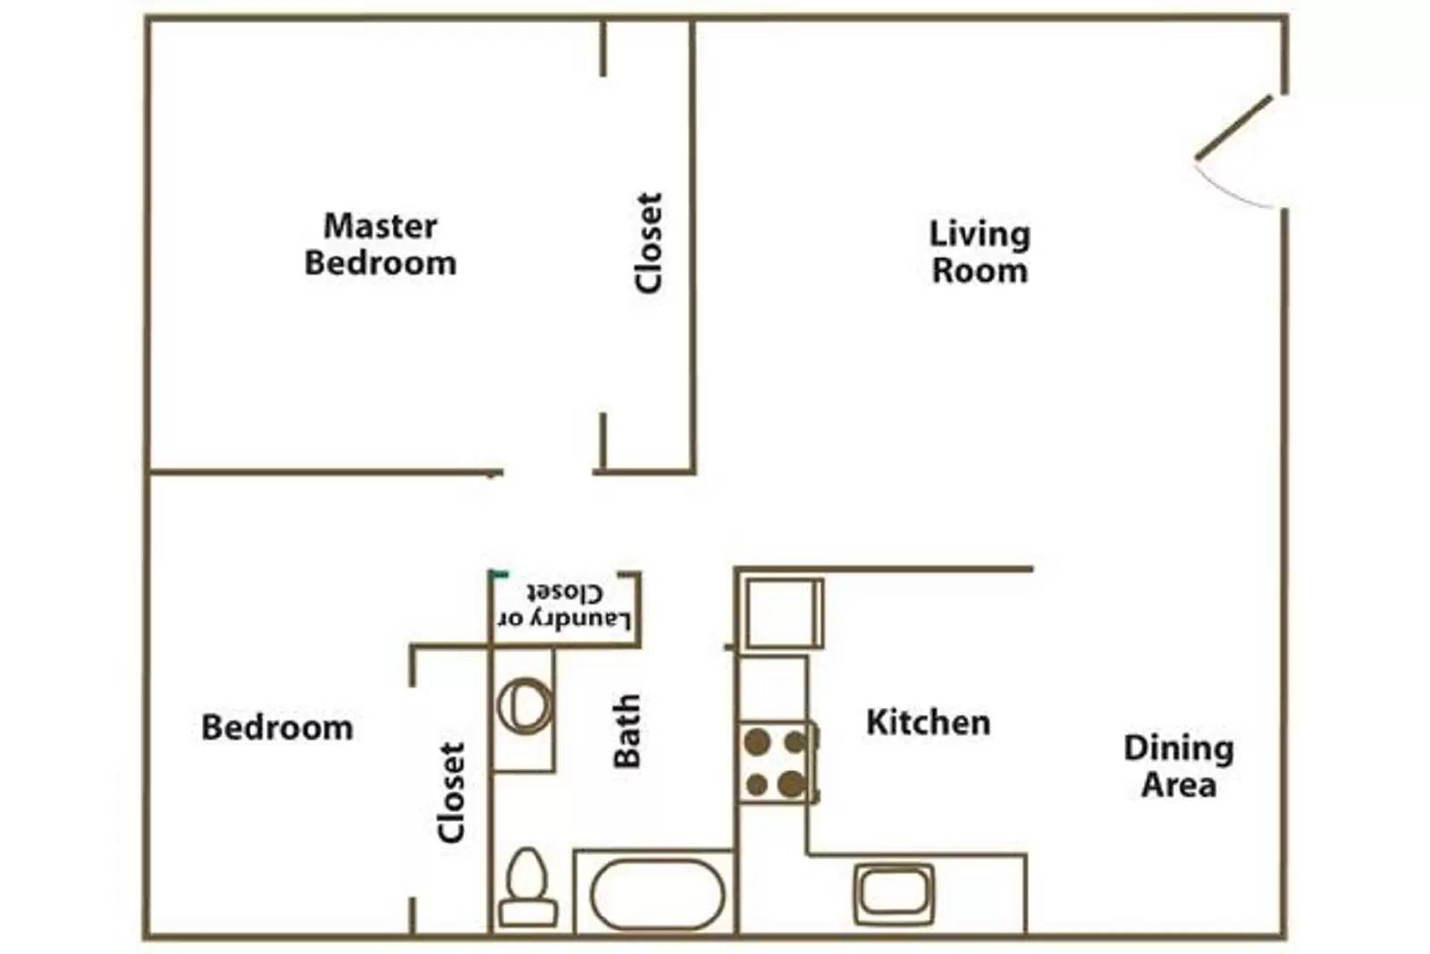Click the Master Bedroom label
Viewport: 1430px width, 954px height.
(x=380, y=244)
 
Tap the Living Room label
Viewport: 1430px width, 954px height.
(x=980, y=252)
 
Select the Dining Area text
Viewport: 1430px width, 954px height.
(x=1179, y=766)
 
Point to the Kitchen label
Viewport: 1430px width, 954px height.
(x=928, y=722)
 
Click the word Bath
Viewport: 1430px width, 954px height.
(x=627, y=730)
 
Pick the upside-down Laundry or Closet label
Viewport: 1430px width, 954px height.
(x=565, y=606)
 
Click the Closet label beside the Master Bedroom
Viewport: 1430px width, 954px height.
(x=649, y=242)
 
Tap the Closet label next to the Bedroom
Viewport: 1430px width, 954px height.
(x=452, y=792)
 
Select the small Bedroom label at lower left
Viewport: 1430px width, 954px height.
(x=277, y=728)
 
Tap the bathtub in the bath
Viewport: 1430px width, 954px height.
(x=657, y=894)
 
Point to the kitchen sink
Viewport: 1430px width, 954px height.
(x=894, y=892)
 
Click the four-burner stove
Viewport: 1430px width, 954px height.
(x=776, y=763)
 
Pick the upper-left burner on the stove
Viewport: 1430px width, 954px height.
(x=758, y=741)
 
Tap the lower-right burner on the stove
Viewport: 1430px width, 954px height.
(x=792, y=785)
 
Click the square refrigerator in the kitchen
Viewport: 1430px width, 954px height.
(x=784, y=612)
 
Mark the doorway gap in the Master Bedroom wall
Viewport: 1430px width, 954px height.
(x=548, y=472)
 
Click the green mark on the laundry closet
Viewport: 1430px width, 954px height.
(x=499, y=574)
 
